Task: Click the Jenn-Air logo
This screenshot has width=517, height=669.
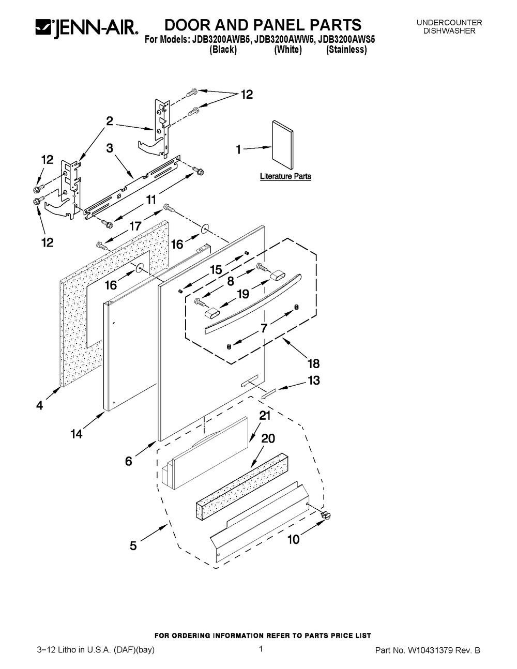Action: click(87, 28)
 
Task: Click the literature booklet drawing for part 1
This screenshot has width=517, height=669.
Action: click(282, 145)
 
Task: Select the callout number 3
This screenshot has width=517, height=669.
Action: click(110, 148)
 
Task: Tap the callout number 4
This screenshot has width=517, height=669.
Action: click(40, 405)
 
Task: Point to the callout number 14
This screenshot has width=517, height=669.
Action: click(77, 434)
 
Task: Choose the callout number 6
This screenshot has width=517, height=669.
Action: click(129, 461)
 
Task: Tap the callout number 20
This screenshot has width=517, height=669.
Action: click(268, 438)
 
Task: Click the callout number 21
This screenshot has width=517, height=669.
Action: click(265, 416)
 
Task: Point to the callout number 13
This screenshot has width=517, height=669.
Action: click(314, 380)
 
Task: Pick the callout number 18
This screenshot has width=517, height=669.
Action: click(314, 363)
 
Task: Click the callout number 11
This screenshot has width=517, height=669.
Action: click(151, 200)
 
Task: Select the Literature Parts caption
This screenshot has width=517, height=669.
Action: click(285, 176)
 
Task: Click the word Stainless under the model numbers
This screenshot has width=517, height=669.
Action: click(346, 50)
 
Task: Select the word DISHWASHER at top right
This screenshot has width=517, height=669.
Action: click(449, 31)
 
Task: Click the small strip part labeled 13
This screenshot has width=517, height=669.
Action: click(269, 394)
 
